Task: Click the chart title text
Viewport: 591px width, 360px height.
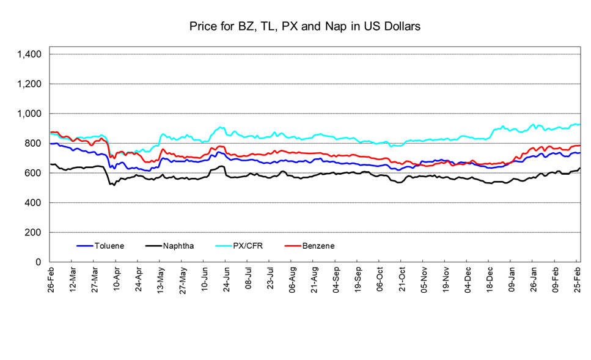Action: pyautogui.click(x=304, y=27)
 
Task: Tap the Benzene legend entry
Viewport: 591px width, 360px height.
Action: pyautogui.click(x=318, y=246)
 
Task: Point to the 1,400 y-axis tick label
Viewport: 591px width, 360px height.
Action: pyautogui.click(x=29, y=54)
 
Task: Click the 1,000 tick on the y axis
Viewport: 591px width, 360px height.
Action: pyautogui.click(x=29, y=114)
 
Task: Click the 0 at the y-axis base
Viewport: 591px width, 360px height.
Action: pyautogui.click(x=39, y=262)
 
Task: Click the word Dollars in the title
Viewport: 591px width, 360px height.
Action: pyautogui.click(x=401, y=27)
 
